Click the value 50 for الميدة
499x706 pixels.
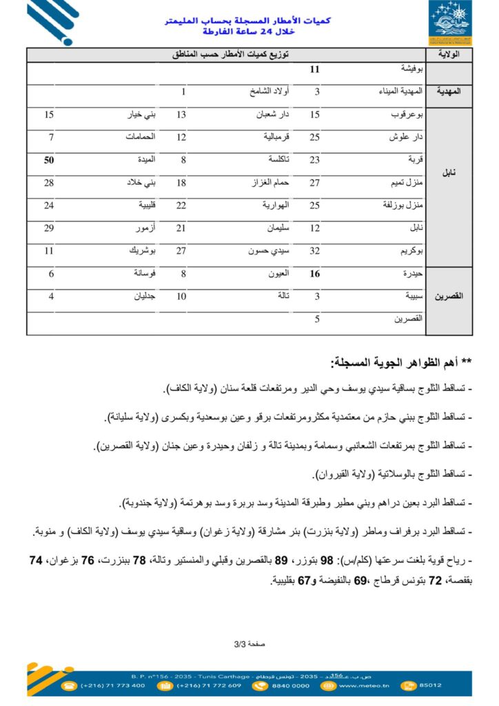(49, 160)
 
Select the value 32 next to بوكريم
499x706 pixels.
(315, 251)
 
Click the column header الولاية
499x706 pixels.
(451, 54)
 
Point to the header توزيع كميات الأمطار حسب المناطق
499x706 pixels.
(230, 54)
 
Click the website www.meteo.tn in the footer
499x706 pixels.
(365, 685)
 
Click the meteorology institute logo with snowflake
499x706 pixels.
(451, 23)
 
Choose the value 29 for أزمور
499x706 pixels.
(49, 228)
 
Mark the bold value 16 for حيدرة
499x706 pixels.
(315, 274)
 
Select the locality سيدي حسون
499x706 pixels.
(269, 251)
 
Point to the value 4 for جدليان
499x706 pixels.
(52, 296)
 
